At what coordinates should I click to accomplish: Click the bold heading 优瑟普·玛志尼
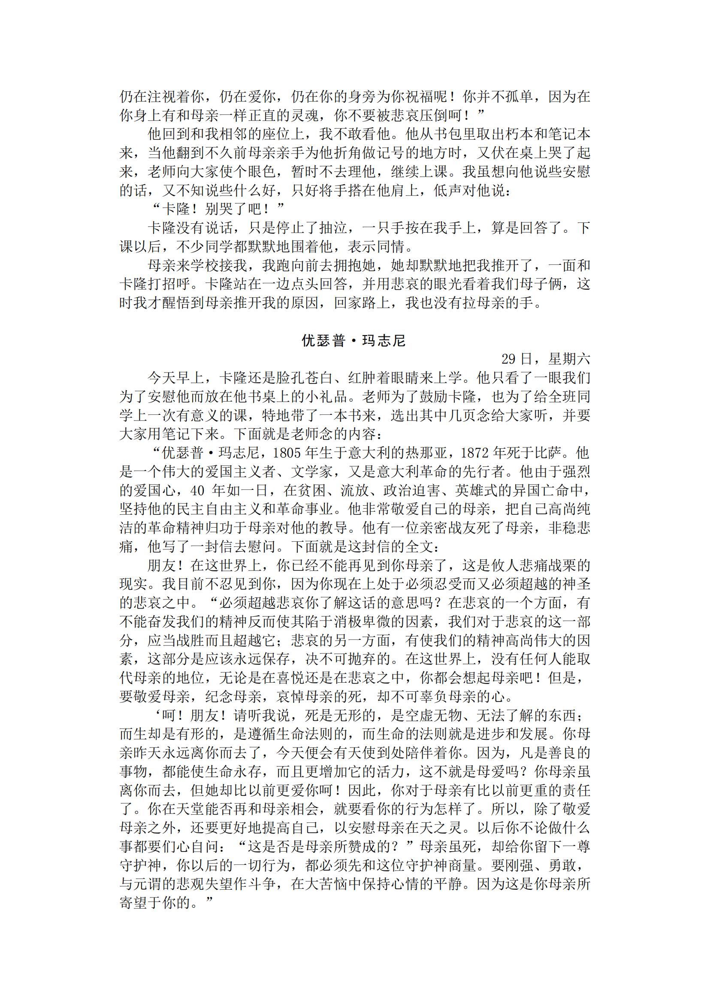(354, 340)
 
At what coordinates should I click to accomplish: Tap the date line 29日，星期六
(546, 359)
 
